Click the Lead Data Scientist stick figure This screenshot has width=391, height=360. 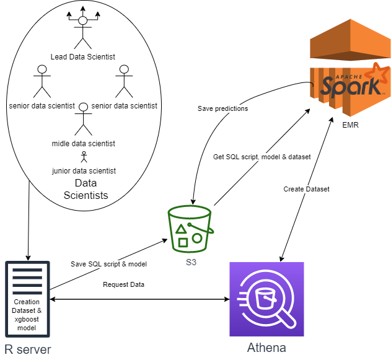point(82,31)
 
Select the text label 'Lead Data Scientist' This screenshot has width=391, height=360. point(82,57)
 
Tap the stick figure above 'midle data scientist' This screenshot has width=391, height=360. point(82,120)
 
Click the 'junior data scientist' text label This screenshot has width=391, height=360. point(84,170)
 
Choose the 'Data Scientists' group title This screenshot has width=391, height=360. point(86,190)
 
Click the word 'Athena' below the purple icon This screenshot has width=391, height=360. point(266,347)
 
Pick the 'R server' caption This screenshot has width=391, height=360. point(27,349)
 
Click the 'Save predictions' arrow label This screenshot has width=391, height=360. point(222,108)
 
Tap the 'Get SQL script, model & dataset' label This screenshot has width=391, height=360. point(261,157)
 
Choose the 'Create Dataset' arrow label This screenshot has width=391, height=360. point(306,189)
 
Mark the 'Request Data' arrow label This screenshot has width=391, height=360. point(123,284)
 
